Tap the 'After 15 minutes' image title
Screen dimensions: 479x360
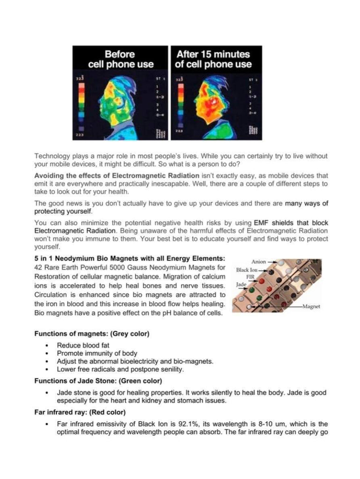[213, 59]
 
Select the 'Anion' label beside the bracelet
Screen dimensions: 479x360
[259, 261]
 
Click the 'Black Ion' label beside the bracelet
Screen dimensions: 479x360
[247, 270]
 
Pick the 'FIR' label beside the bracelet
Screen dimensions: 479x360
[250, 276]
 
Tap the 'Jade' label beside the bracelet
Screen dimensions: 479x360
[241, 284]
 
